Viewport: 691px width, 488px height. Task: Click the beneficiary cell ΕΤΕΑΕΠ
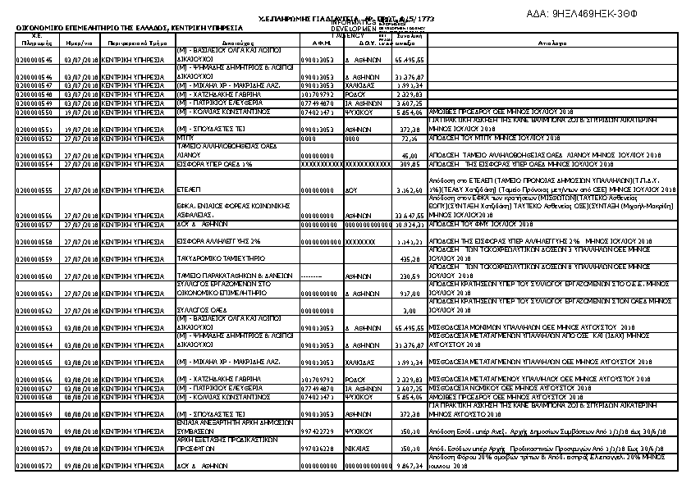click(190, 189)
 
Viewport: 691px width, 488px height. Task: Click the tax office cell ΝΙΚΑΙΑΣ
click(359, 449)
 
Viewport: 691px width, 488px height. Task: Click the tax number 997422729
click(316, 431)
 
